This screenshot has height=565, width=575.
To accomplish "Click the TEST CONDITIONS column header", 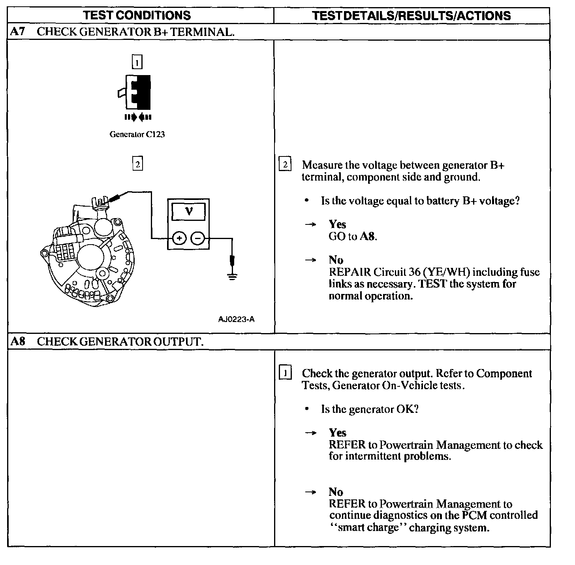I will [x=137, y=15].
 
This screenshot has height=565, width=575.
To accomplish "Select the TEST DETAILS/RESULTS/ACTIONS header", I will [x=411, y=15].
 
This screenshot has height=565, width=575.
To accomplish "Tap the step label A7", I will [x=17, y=32].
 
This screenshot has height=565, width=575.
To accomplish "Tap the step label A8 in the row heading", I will [x=17, y=341].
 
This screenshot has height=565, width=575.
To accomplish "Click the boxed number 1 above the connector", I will [x=137, y=62].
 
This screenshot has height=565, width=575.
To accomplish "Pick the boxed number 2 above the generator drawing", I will [x=137, y=164].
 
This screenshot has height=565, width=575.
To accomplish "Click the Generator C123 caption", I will [x=137, y=134].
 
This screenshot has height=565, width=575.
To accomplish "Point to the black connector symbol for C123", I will [x=138, y=92].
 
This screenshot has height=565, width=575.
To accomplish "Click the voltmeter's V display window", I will [x=189, y=211].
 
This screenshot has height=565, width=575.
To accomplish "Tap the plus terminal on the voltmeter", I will [x=179, y=238].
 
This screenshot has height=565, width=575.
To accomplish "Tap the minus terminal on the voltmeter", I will [x=198, y=238].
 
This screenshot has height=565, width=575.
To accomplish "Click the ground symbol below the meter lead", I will [x=233, y=276].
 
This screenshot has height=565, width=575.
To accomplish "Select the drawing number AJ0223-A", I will [x=236, y=319].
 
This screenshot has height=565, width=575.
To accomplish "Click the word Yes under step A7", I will [x=337, y=224].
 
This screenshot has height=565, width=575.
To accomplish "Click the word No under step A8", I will [x=336, y=492].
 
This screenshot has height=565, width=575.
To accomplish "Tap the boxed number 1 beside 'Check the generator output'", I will [x=285, y=373].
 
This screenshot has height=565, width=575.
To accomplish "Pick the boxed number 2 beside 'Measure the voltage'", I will [x=285, y=164].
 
